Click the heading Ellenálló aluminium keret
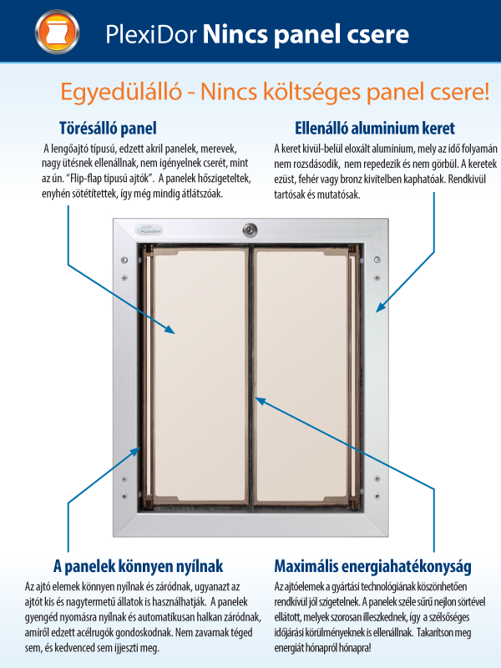(375, 129)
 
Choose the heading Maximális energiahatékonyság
(372, 567)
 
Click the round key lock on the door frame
(249, 230)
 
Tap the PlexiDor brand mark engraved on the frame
(147, 225)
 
